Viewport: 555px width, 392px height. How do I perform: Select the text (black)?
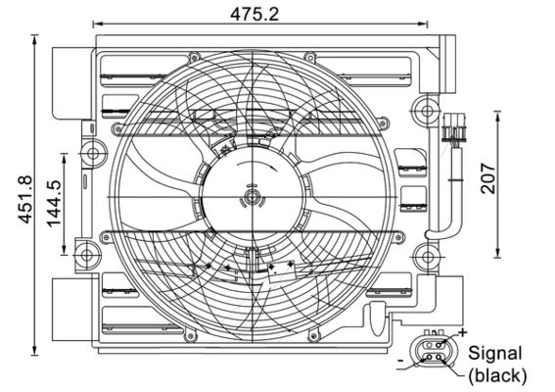pyautogui.click(x=496, y=375)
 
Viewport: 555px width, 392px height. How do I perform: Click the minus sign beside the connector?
pyautogui.click(x=401, y=363)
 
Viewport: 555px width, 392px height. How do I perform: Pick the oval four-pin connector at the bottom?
pyautogui.click(x=431, y=351)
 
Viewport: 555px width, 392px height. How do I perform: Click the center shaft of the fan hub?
pyautogui.click(x=253, y=199)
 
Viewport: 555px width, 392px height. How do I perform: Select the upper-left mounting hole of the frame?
pyautogui.click(x=92, y=151)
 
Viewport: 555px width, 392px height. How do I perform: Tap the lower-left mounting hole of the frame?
pyautogui.click(x=92, y=258)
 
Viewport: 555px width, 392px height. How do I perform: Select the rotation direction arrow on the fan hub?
pyautogui.click(x=253, y=183)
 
